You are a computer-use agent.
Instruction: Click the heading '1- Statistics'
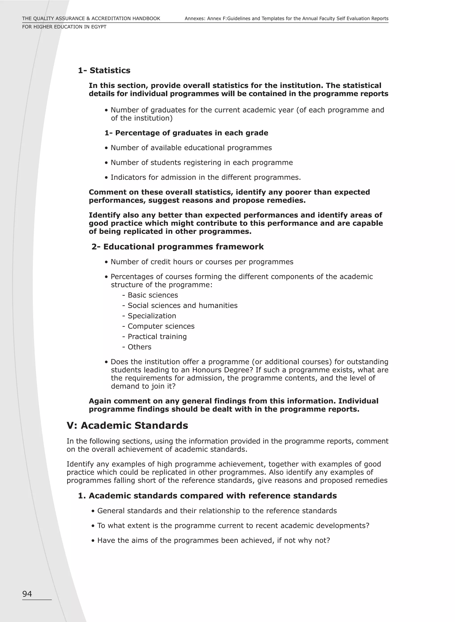point(104,70)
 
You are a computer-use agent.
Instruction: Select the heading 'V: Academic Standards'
point(127,426)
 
